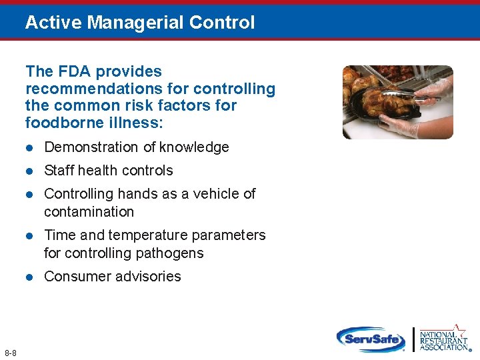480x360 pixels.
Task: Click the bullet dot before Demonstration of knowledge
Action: (x=29, y=147)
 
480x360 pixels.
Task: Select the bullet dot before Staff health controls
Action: (x=29, y=171)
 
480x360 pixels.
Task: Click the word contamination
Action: (x=89, y=212)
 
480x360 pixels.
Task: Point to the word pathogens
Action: (x=171, y=253)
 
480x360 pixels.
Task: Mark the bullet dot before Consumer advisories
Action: (x=29, y=277)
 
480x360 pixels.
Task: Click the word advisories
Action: (x=145, y=277)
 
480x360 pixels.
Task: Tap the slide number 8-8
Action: (x=11, y=352)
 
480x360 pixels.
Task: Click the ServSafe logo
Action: (x=371, y=338)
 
